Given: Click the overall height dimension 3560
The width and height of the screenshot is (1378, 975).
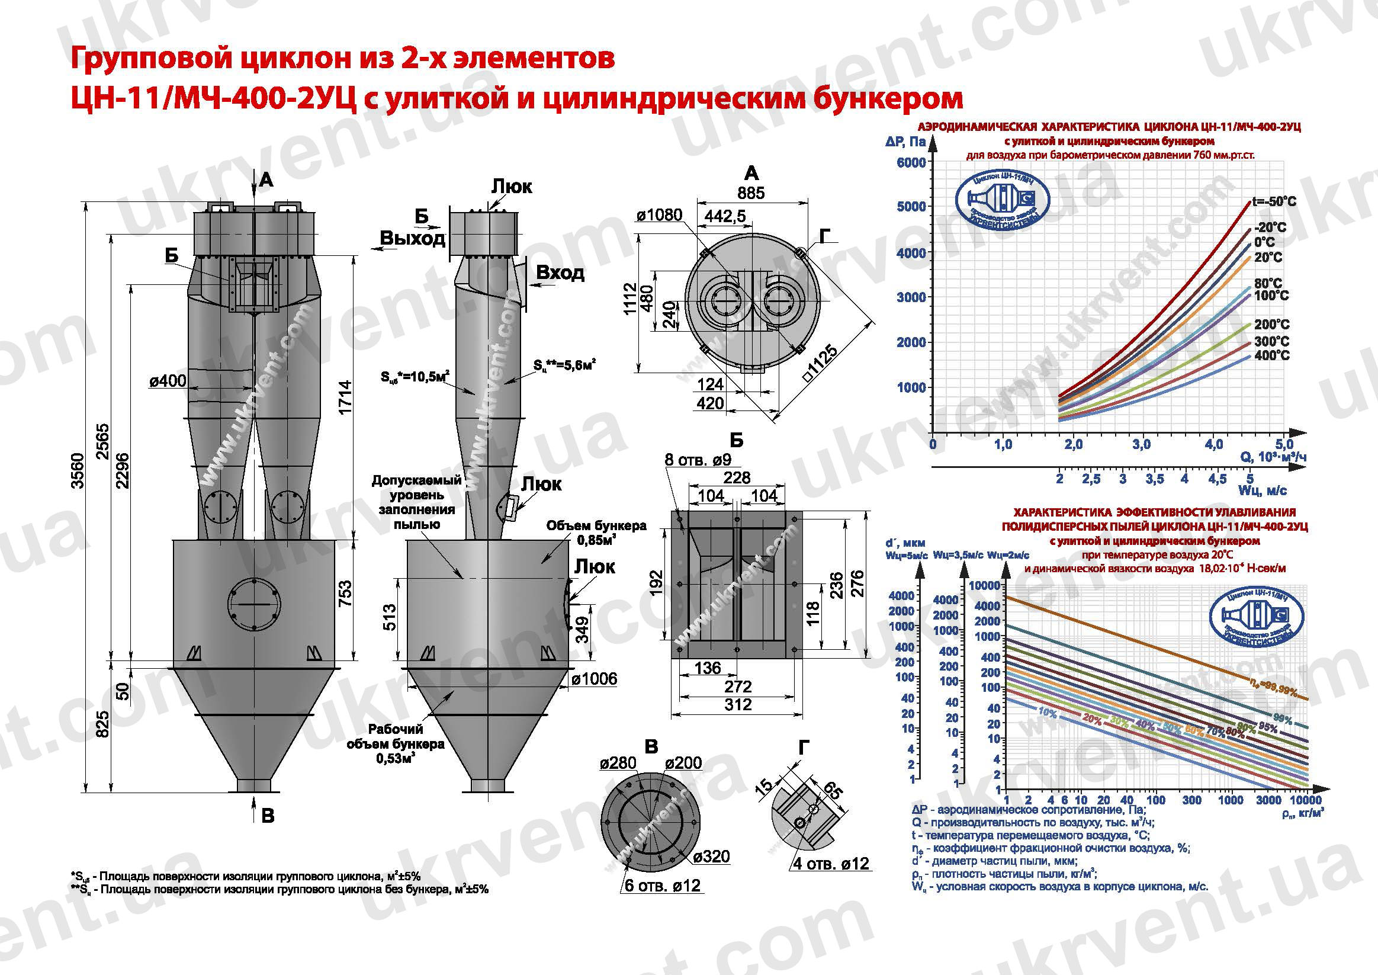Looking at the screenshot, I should tap(79, 471).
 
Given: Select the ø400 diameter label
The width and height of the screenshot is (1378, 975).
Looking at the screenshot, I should tap(168, 381).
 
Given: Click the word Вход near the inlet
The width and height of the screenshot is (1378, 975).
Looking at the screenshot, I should tap(560, 273).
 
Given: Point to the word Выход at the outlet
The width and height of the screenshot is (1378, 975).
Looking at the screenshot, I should tap(413, 238).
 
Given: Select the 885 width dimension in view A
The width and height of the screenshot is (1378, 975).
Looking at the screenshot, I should tap(751, 193).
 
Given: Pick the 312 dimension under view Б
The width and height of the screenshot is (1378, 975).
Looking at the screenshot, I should tap(737, 704).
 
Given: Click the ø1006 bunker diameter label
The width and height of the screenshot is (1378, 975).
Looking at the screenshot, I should tap(593, 679).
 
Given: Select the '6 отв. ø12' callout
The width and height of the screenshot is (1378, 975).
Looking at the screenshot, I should tap(662, 886).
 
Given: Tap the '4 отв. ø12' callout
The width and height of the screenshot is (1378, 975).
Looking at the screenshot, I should tap(831, 864).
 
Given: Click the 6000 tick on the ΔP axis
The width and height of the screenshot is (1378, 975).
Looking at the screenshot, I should tap(911, 163).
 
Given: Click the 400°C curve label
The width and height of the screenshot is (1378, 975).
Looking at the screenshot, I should tap(1271, 355).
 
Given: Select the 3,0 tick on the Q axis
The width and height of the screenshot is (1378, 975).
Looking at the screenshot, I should tap(1141, 445).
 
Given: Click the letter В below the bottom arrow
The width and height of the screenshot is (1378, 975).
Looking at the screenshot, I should tap(268, 815).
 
